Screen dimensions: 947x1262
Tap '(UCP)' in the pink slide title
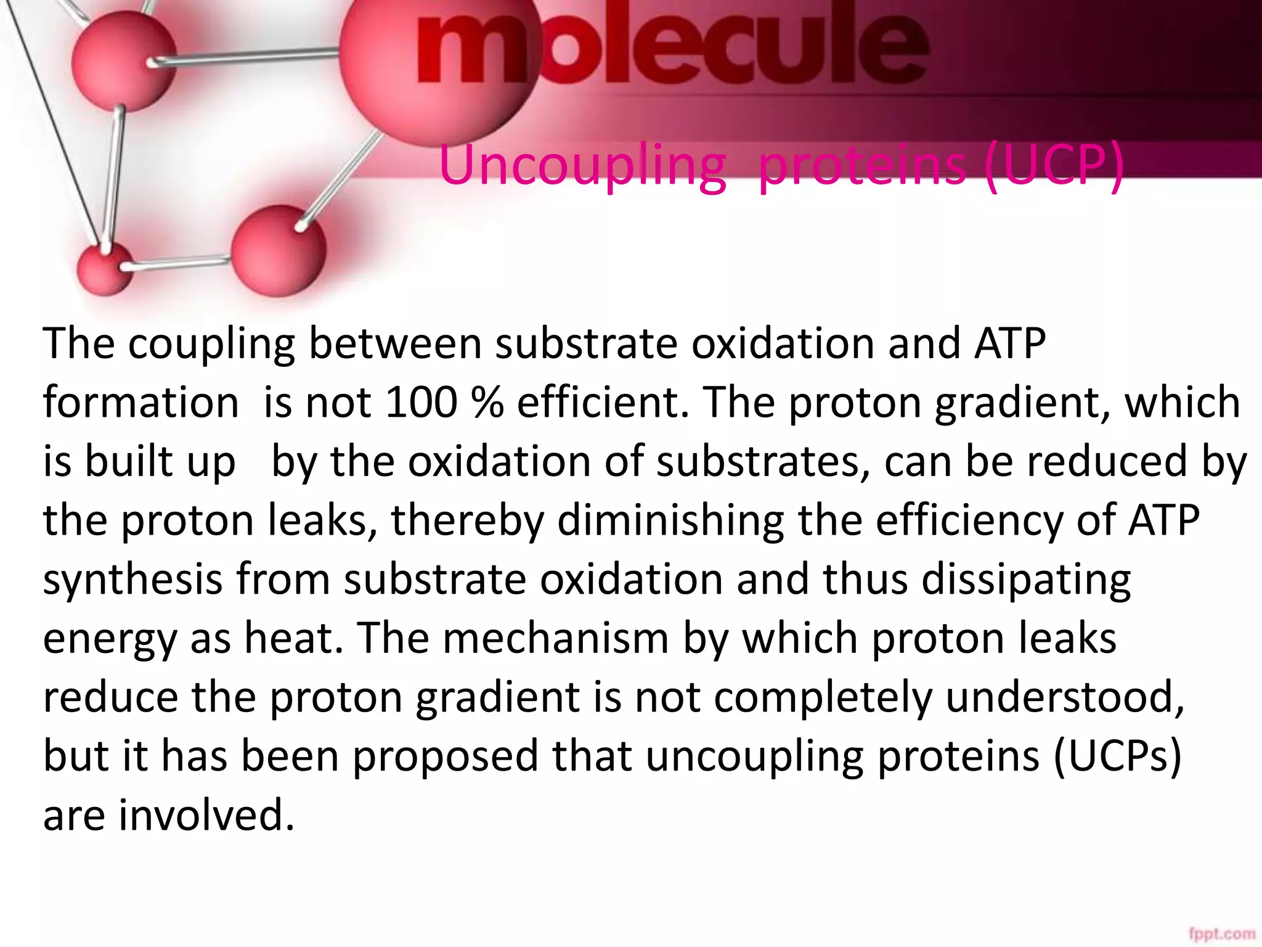tap(1054, 165)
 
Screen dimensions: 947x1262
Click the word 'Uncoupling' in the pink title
tap(582, 165)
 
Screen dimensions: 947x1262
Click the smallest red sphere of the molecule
tap(105, 269)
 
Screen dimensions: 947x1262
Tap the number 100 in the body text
tap(421, 403)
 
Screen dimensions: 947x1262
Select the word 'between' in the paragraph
tap(395, 343)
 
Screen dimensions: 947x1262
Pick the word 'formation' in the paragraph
tap(140, 403)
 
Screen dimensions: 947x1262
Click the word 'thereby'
tap(467, 520)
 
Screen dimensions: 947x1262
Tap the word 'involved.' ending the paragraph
tap(206, 815)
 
